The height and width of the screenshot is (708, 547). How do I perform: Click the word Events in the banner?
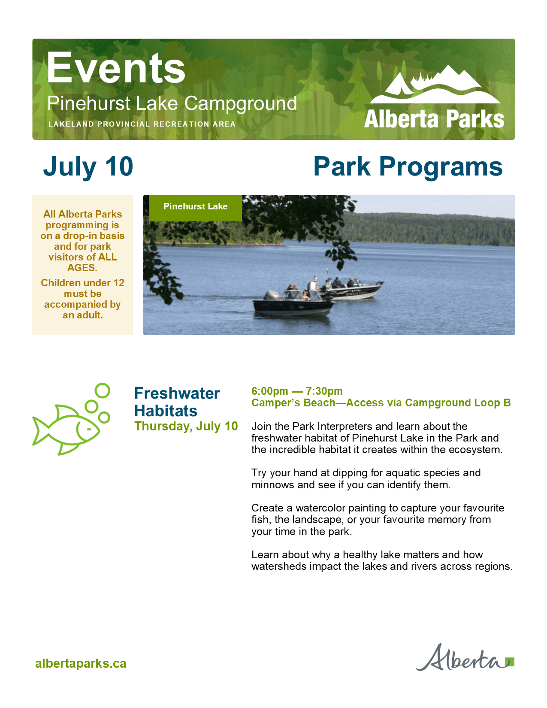116,68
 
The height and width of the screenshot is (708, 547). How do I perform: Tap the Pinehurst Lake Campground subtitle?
172,103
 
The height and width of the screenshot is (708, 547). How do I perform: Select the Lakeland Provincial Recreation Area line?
142,124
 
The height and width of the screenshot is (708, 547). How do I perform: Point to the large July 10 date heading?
88,167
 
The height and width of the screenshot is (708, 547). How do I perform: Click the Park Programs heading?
408,167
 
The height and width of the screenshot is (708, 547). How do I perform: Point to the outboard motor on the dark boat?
272,295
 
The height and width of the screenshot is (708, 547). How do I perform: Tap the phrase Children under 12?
82,283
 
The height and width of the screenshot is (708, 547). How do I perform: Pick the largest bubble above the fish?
102,390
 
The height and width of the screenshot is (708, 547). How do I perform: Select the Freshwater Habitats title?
177,402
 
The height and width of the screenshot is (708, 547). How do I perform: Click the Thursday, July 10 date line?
186,426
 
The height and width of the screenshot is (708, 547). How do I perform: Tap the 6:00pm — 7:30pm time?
297,391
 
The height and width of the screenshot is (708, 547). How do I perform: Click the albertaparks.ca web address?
81,664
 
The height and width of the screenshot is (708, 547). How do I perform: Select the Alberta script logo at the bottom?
465,658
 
